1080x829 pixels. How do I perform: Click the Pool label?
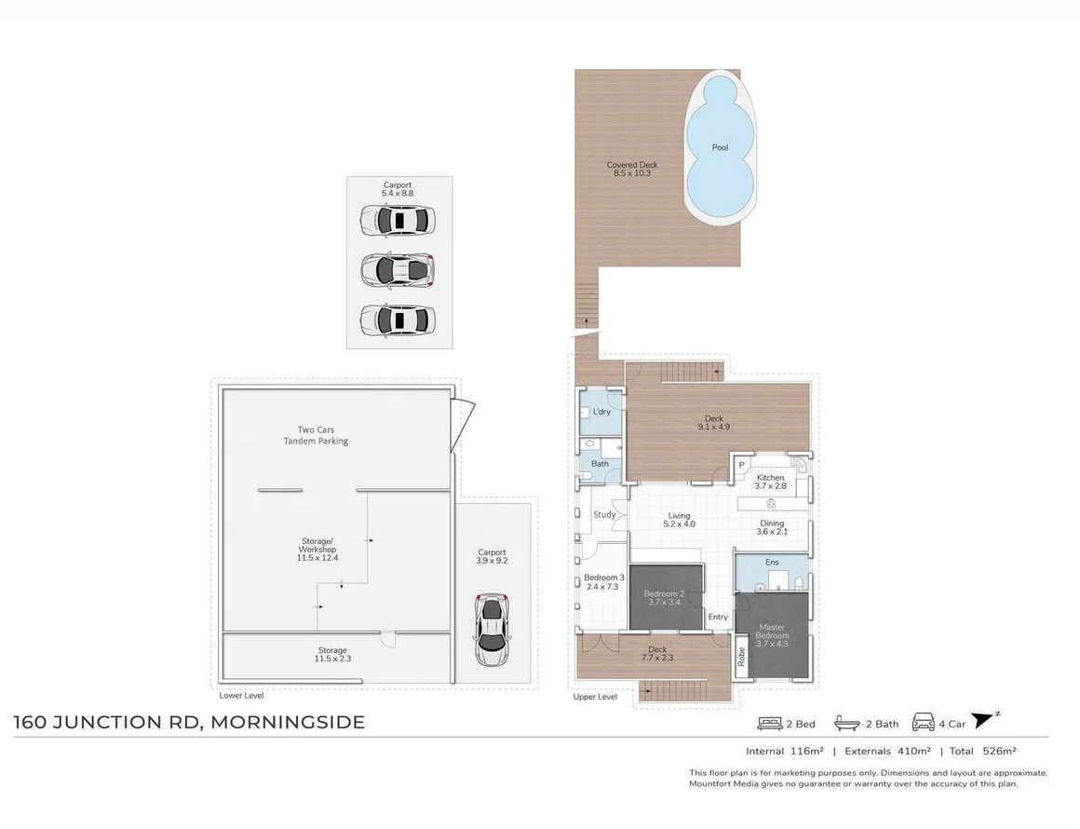[x=720, y=147]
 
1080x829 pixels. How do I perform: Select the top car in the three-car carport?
[x=398, y=221]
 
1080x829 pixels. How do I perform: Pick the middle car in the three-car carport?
[x=398, y=270]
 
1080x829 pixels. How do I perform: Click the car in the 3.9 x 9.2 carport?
[x=493, y=629]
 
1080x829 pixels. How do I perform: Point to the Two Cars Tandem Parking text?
[x=317, y=436]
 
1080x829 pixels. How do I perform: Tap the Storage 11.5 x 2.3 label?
[x=332, y=655]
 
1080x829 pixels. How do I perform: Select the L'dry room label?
[x=601, y=412]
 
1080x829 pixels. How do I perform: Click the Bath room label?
[x=600, y=464]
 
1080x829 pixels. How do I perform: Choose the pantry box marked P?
[x=742, y=465]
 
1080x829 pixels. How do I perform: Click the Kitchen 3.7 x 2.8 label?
[x=770, y=482]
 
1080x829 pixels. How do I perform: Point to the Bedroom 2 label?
[x=665, y=598]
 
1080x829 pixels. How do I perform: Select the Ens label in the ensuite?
[x=772, y=563]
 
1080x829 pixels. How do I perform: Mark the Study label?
[x=604, y=515]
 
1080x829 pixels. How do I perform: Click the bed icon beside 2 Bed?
[x=769, y=724]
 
